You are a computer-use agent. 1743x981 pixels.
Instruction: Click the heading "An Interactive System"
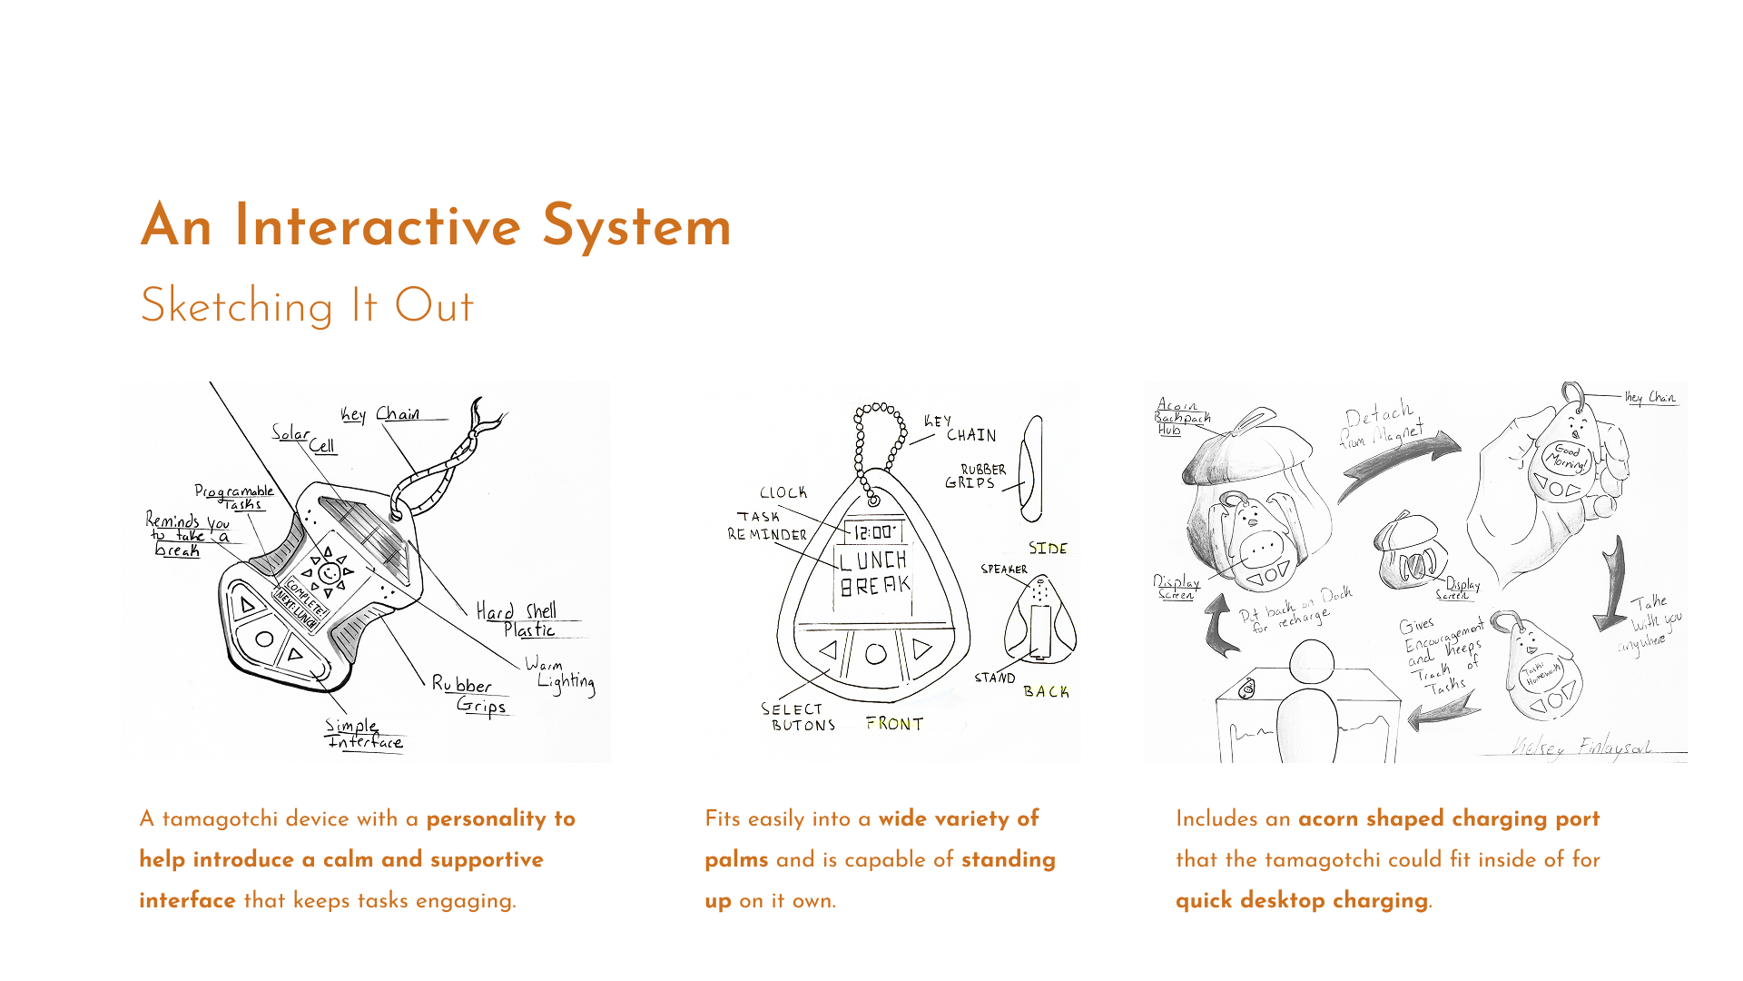436,226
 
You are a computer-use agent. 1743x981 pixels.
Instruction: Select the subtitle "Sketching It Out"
307,306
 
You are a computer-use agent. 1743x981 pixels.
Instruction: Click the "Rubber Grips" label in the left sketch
470,695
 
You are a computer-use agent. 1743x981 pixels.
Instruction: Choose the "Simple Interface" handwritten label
364,734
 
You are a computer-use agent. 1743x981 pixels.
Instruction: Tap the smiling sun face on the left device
330,573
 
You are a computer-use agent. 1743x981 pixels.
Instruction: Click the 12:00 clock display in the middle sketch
873,532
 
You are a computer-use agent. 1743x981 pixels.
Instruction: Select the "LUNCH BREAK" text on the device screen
873,573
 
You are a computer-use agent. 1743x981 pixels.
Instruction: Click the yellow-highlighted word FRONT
894,724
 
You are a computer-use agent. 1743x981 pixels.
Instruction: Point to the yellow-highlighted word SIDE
1048,549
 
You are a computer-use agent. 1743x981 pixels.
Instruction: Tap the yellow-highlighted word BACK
1046,692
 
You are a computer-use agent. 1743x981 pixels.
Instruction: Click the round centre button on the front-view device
876,653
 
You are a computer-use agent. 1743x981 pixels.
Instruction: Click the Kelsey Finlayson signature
1580,748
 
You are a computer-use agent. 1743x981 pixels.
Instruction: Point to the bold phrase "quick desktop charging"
1301,900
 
